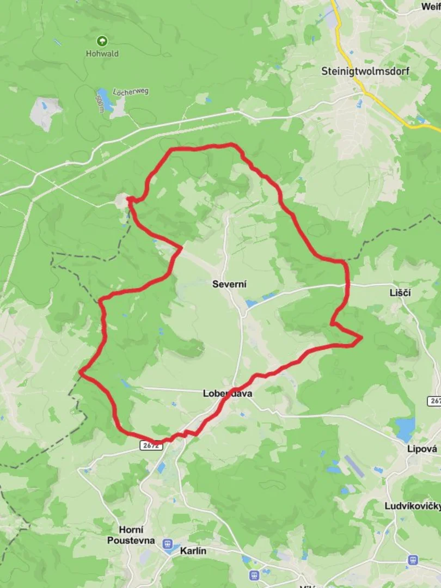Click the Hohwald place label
tap(102, 54)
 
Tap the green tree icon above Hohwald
tap(102, 41)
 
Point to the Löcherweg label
tap(131, 91)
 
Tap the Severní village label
tap(229, 284)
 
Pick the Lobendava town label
tap(227, 393)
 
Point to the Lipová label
tap(422, 449)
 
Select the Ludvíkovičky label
tap(413, 506)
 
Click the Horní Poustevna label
tap(131, 535)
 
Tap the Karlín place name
tap(193, 551)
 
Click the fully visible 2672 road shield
tap(150, 445)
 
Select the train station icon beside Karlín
tap(169, 544)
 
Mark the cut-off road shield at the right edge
tap(434, 401)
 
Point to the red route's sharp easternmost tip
tap(362, 339)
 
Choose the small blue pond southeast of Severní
tap(251, 303)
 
